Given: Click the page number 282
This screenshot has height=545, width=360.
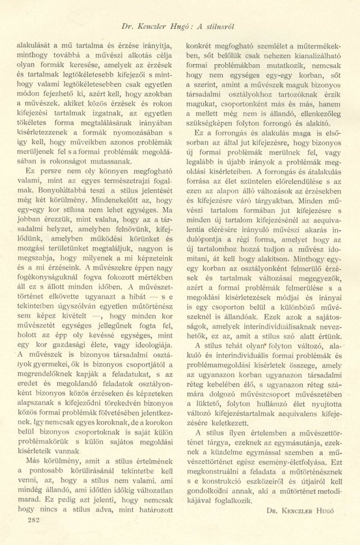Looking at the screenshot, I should tap(26, 519).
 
